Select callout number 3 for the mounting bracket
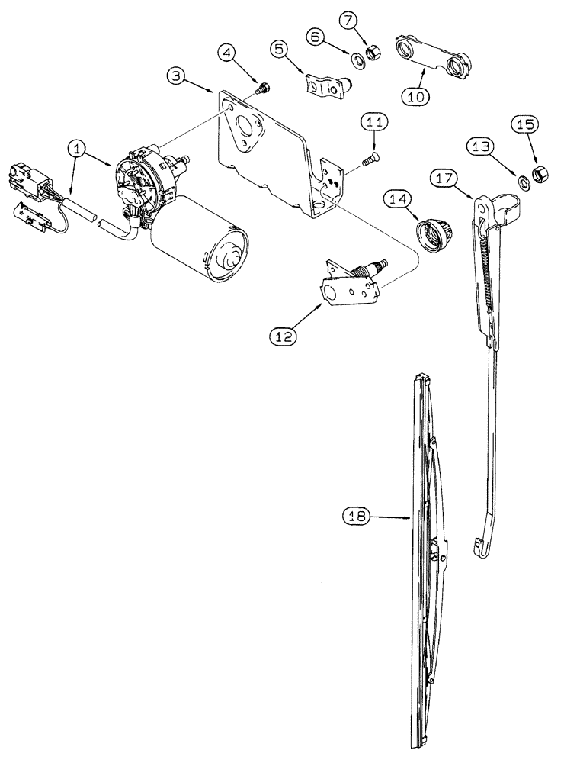(177, 77)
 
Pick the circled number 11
(374, 122)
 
